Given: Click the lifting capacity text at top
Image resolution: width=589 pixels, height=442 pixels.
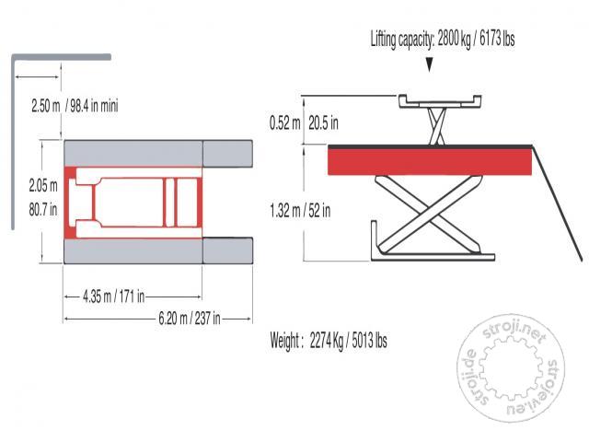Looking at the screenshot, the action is tap(443, 40).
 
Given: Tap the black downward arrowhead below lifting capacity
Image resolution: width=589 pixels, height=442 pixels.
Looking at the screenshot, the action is tap(430, 64).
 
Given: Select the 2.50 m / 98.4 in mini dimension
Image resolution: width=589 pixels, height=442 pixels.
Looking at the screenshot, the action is tap(75, 106).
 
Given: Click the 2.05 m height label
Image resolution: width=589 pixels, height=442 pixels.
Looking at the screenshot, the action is tap(43, 185).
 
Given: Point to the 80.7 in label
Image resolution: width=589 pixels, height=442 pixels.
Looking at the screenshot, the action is tap(43, 209).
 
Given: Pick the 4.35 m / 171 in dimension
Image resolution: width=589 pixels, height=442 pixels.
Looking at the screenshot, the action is tap(113, 297).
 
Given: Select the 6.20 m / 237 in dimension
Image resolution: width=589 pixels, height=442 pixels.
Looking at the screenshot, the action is tap(190, 319).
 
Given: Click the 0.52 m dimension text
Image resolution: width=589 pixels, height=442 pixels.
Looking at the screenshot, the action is tap(284, 122).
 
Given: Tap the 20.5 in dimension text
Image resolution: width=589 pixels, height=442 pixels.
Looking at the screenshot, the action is tap(323, 122).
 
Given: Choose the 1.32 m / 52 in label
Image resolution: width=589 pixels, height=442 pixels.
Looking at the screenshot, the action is tap(300, 211).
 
